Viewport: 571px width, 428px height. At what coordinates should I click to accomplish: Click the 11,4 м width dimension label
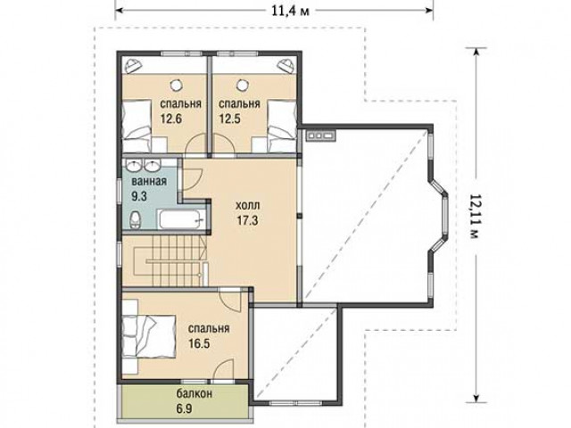291,11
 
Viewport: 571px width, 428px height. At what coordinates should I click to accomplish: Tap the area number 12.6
171,119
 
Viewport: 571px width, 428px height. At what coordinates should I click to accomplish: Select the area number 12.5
229,119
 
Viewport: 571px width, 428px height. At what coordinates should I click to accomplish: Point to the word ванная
149,181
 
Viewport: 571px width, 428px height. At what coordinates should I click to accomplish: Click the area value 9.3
139,196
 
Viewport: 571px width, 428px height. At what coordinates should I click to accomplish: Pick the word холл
248,206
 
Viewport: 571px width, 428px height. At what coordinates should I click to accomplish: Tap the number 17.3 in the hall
248,220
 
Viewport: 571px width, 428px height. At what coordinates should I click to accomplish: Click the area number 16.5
199,343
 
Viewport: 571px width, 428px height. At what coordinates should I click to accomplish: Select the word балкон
194,394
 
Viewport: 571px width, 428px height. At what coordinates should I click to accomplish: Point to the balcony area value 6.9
185,408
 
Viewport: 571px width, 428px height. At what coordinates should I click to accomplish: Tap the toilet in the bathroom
135,219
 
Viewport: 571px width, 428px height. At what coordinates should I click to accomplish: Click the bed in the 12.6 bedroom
137,125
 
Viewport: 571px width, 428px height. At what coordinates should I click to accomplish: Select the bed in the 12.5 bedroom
282,125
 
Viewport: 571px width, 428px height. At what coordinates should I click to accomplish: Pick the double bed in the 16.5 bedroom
148,337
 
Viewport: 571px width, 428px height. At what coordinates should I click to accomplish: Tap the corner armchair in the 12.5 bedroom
285,65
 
